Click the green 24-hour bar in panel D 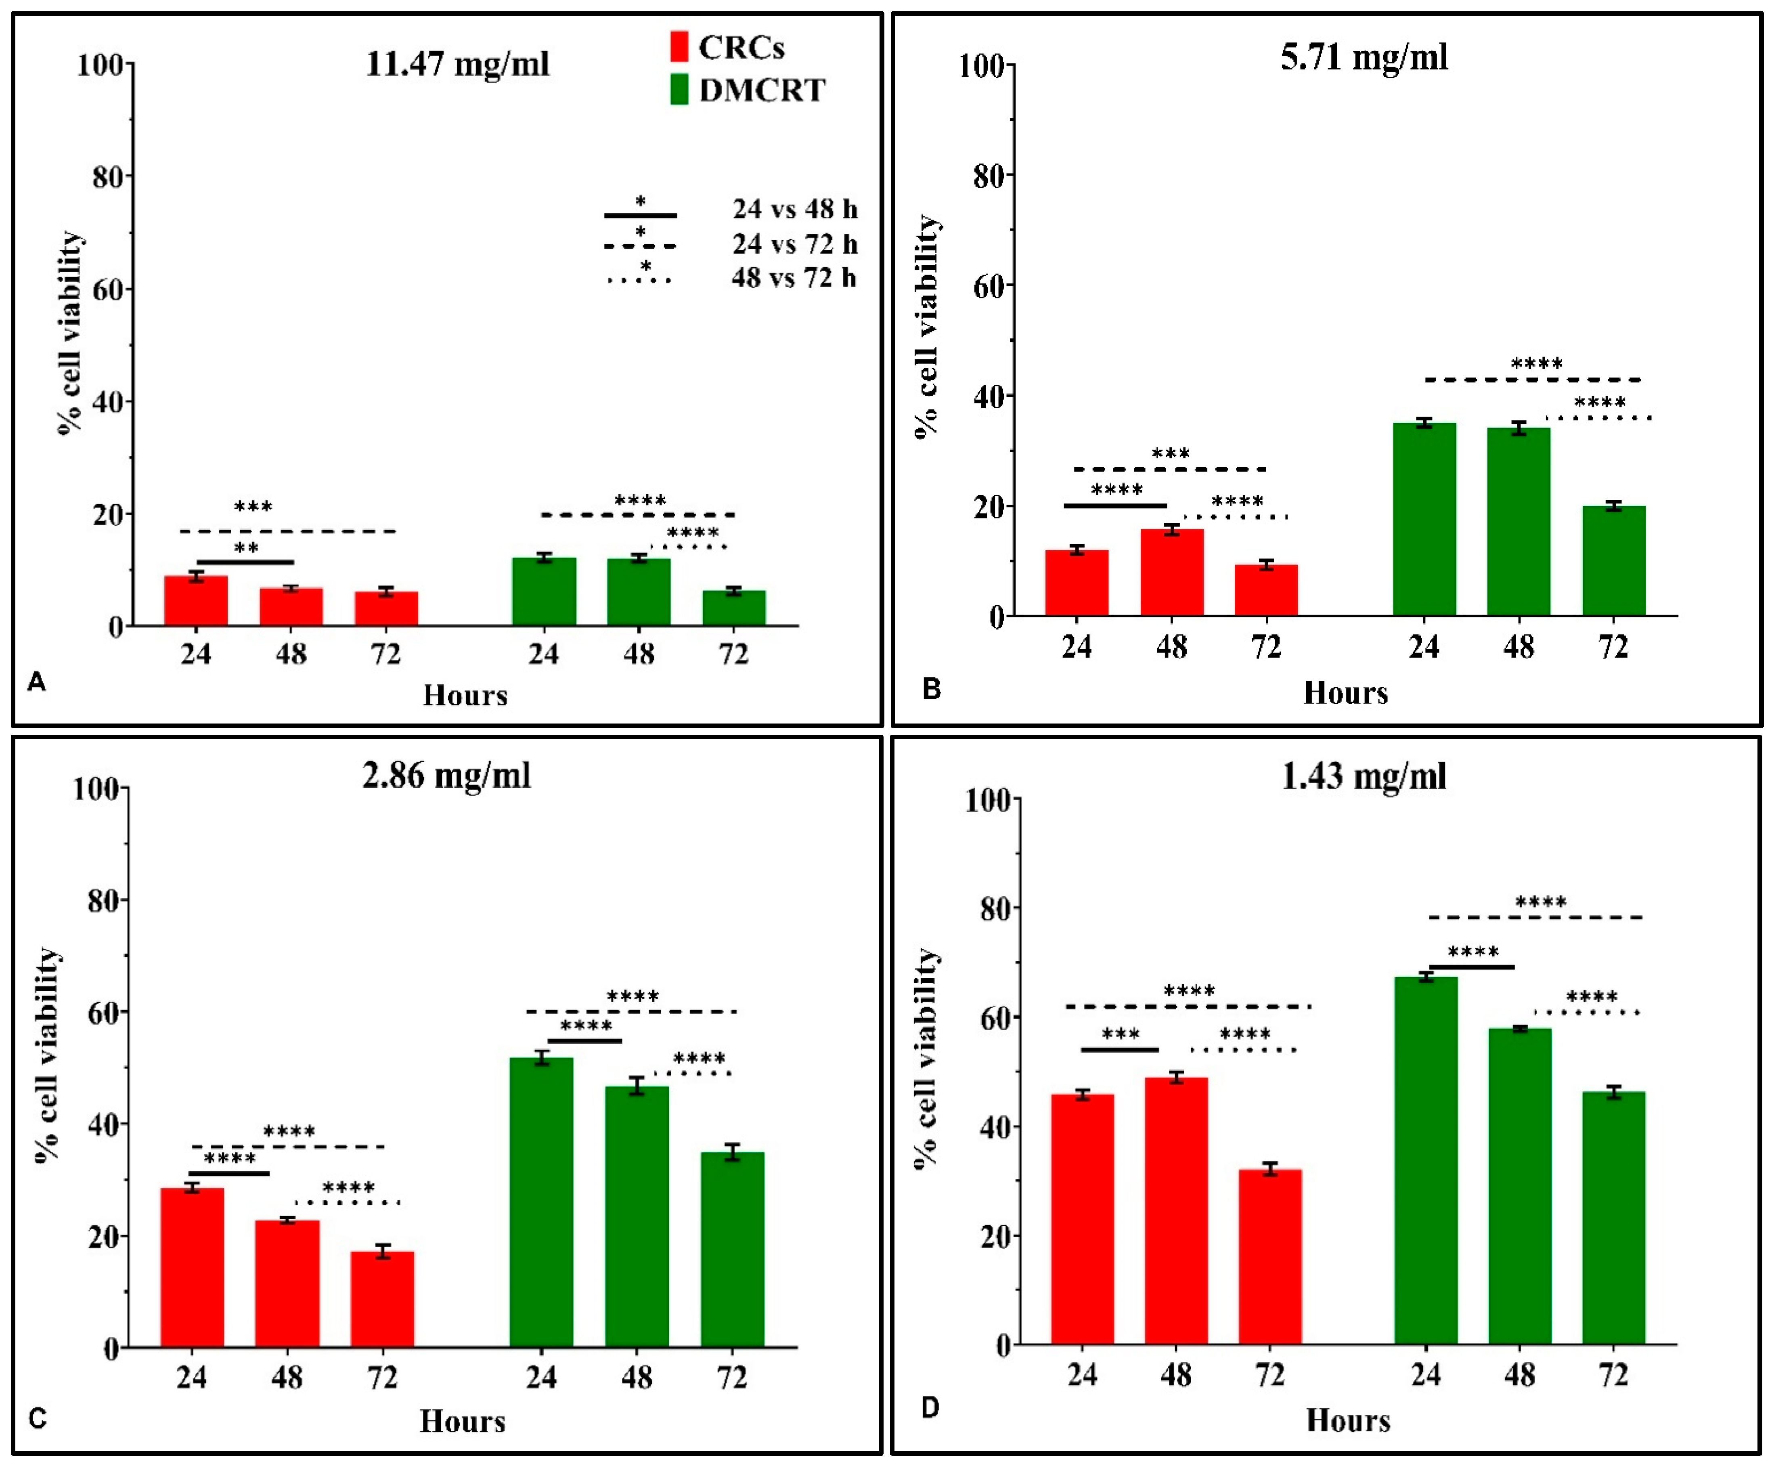(x=1425, y=1160)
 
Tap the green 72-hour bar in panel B (x=1613, y=561)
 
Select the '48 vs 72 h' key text (x=793, y=278)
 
